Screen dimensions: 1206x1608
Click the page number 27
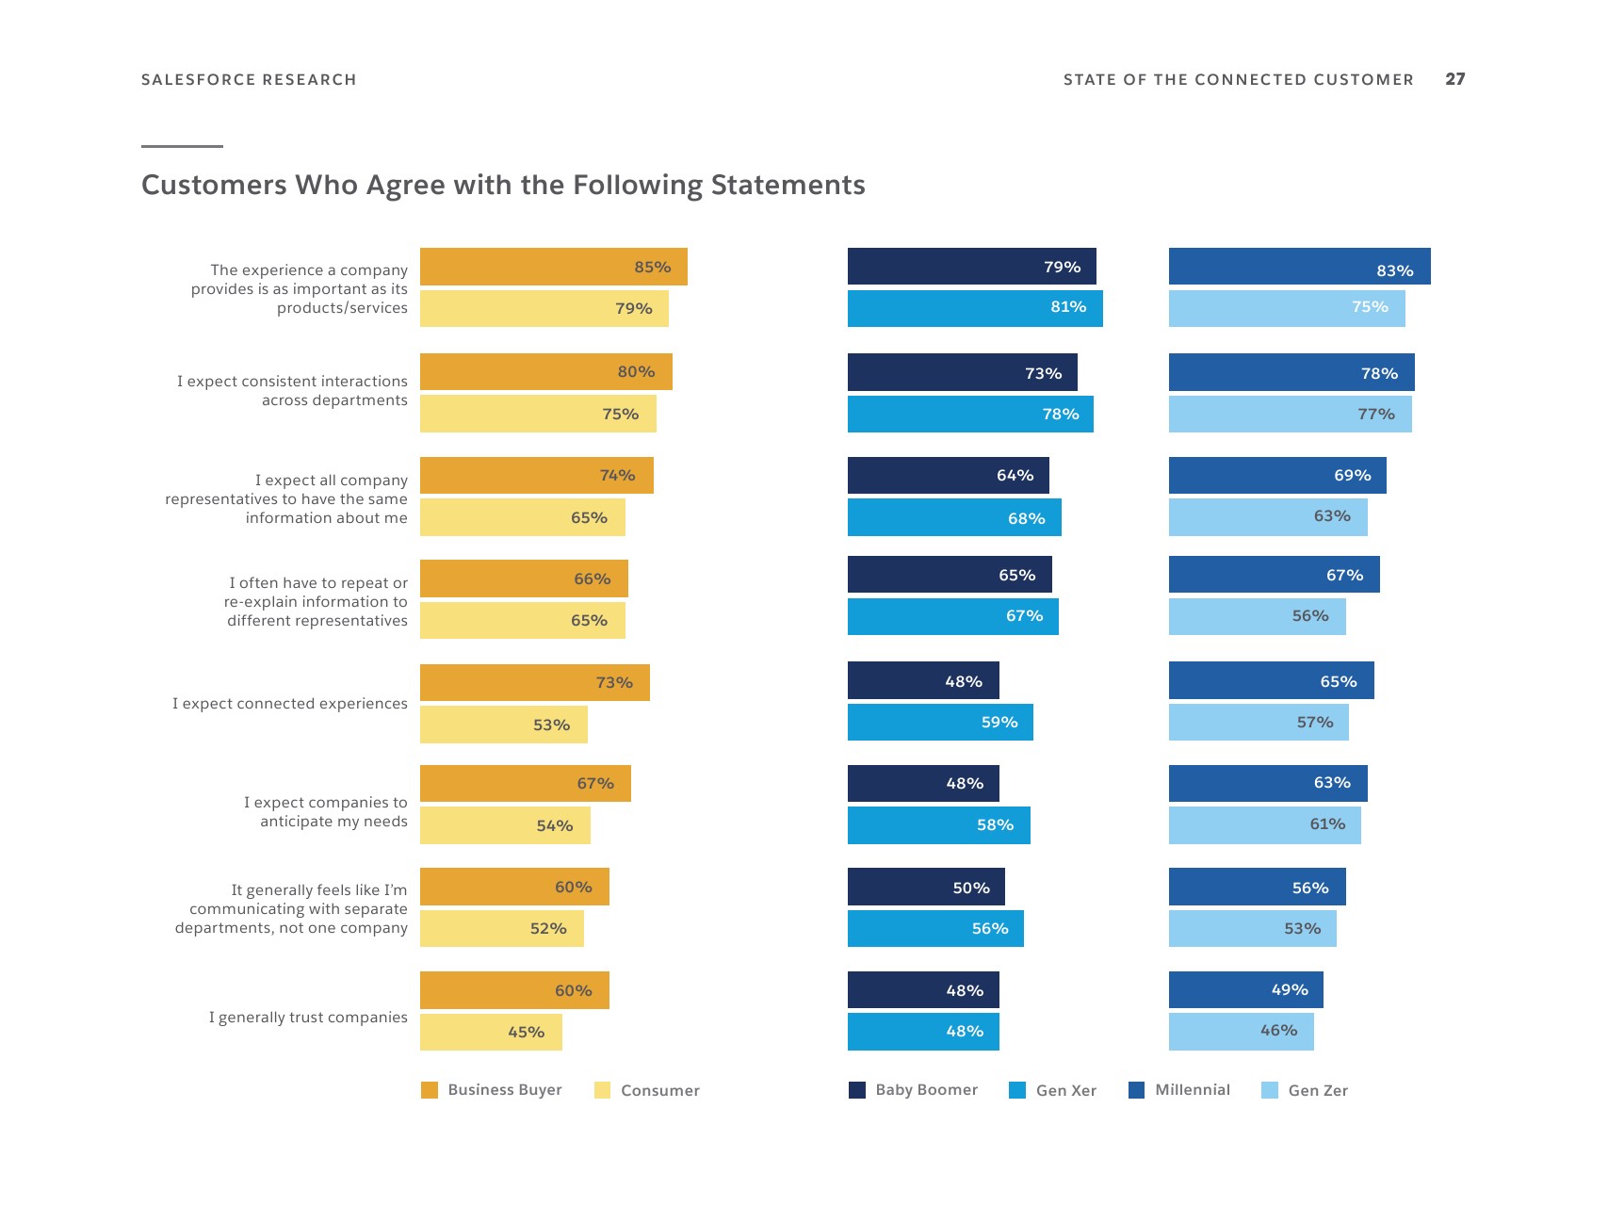[1454, 79]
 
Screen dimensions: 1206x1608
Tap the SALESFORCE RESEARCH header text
[249, 80]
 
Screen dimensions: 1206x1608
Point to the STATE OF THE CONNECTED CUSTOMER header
[1238, 80]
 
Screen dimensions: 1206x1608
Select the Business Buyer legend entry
[491, 1090]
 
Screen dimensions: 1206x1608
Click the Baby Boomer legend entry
[913, 1090]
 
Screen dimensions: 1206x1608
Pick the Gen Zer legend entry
[1305, 1091]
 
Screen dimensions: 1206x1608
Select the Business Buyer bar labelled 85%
[553, 267]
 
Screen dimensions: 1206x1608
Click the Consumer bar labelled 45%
[491, 1032]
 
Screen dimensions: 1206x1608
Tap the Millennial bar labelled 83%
[1299, 267]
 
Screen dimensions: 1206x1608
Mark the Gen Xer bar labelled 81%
[975, 308]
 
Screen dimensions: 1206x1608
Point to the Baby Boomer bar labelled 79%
[971, 267]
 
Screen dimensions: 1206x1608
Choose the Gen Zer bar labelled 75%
[1287, 308]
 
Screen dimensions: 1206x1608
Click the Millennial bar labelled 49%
[1245, 989]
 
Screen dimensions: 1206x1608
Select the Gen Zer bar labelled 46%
[1241, 1032]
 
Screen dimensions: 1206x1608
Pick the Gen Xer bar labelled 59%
[940, 723]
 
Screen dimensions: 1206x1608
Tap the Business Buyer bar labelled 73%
[534, 682]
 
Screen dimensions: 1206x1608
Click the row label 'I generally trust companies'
[308, 1018]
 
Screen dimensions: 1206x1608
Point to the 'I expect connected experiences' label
[289, 704]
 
